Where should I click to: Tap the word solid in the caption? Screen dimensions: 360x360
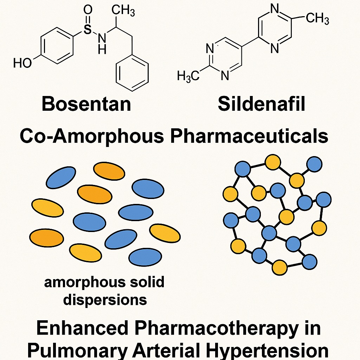147,282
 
